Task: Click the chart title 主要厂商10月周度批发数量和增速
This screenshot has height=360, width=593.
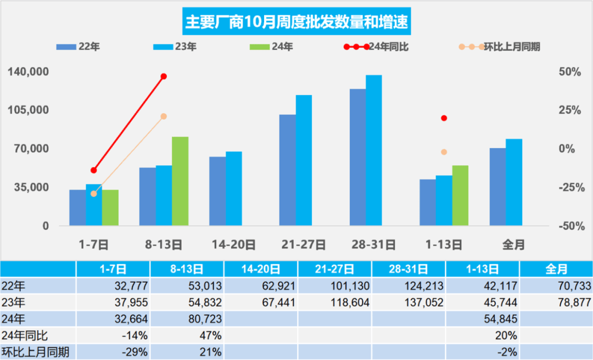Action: (x=296, y=22)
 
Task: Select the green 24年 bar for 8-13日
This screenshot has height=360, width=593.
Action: (x=180, y=181)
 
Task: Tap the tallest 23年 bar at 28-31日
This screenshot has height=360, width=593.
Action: (x=374, y=150)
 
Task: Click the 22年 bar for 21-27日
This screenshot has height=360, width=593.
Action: (x=287, y=170)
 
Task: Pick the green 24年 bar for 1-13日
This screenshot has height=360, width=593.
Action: (x=460, y=195)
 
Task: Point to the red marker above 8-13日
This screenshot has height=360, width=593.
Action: (x=164, y=76)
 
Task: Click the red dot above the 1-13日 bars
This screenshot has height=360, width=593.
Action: (x=444, y=118)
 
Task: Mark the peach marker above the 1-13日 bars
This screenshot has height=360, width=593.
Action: (x=444, y=152)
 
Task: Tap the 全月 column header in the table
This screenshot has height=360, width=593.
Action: (x=556, y=269)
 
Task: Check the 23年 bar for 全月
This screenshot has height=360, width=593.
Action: (x=514, y=182)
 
